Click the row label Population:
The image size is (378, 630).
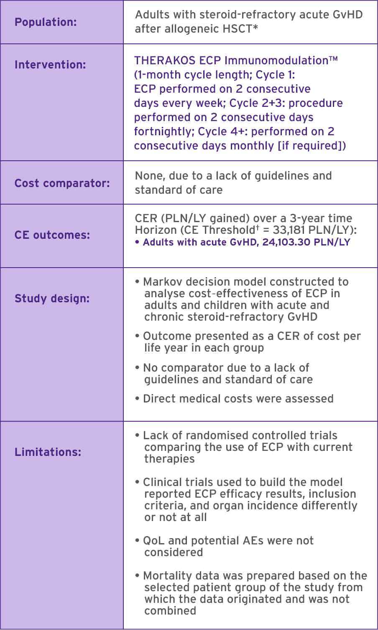[x=46, y=22]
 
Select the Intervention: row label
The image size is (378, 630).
[x=50, y=65]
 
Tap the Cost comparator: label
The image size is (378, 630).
[x=62, y=183]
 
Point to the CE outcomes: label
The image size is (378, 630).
[x=52, y=235]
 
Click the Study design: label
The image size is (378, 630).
[x=52, y=299]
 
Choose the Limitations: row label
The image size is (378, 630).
[x=48, y=452]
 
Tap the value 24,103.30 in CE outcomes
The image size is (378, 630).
[x=288, y=243]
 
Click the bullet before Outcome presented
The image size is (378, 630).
[x=138, y=337]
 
